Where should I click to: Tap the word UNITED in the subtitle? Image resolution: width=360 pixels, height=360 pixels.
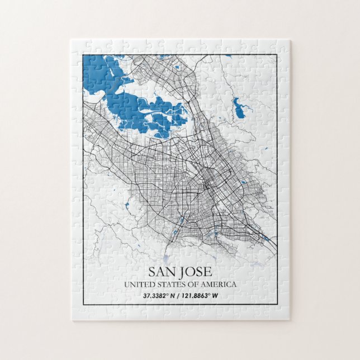[138, 285]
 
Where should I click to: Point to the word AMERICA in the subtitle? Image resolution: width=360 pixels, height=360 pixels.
[217, 285]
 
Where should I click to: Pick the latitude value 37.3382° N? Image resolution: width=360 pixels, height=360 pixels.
[160, 296]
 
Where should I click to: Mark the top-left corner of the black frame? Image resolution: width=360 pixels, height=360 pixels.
[83, 54]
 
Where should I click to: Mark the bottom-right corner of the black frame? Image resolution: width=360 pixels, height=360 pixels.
[277, 305]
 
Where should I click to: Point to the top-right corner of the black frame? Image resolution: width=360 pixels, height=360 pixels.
[277, 54]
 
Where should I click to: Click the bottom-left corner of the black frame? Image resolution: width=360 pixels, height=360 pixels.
[83, 305]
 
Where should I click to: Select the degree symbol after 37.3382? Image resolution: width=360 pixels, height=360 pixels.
[168, 294]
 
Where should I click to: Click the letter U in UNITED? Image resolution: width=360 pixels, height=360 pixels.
[127, 285]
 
